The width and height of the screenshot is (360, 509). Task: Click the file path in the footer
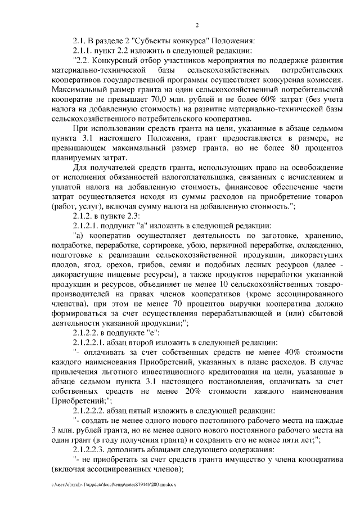point(114,484)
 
